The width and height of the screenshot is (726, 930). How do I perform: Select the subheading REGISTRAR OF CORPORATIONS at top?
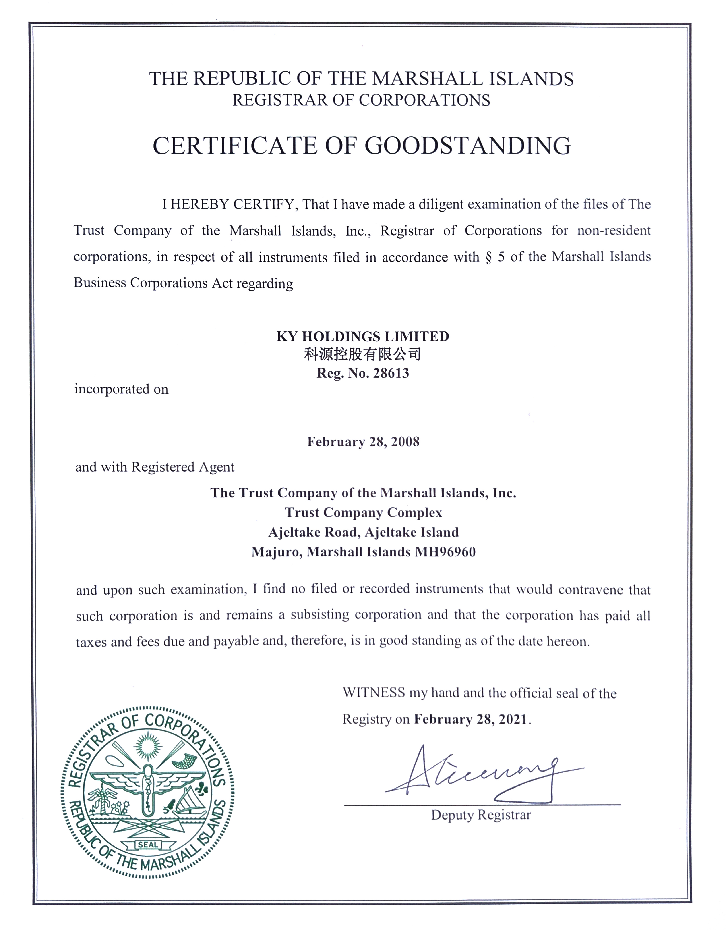click(x=361, y=100)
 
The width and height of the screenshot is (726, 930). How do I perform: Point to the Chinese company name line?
click(x=363, y=354)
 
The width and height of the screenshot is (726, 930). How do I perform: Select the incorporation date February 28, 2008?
click(x=363, y=442)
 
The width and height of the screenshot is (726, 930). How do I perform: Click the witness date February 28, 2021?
click(x=471, y=719)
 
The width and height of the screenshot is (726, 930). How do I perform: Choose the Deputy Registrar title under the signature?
click(x=481, y=815)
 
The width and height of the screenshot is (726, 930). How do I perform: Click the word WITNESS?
click(x=374, y=693)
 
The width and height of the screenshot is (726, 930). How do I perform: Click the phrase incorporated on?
click(x=121, y=389)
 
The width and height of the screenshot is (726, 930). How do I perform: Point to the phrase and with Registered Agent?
click(x=155, y=467)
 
